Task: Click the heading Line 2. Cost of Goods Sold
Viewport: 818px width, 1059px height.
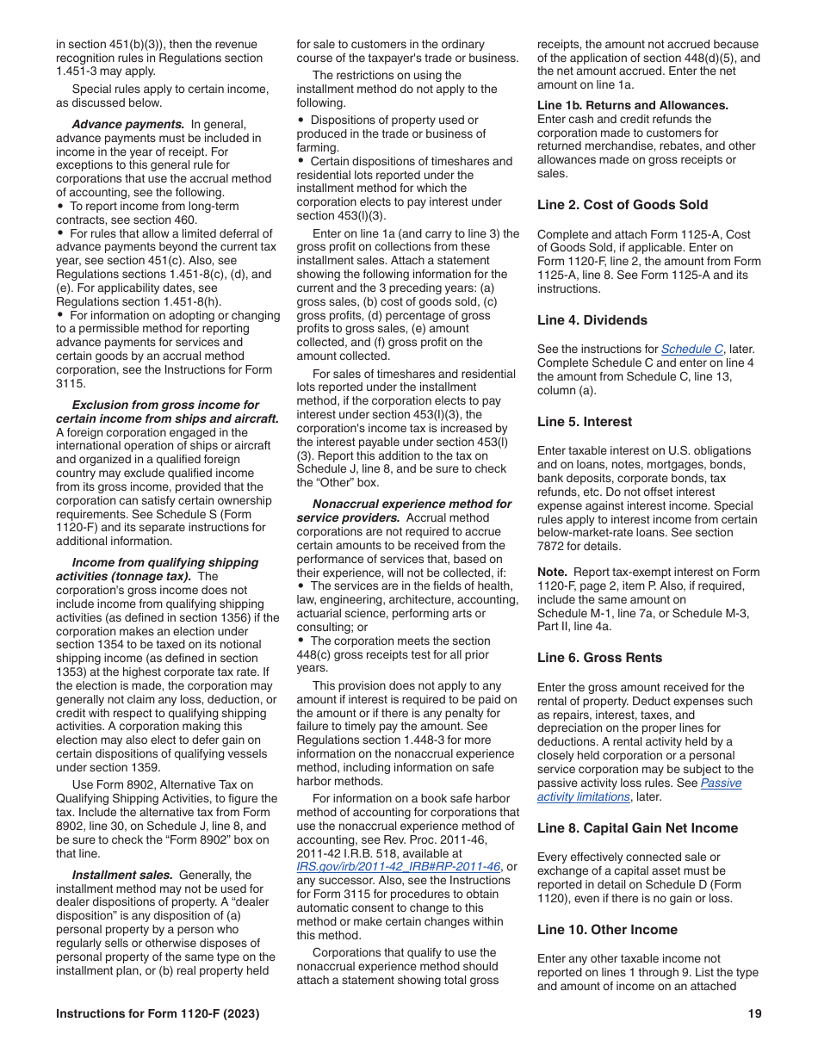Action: tap(622, 205)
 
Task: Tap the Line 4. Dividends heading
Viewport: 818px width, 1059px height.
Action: tap(592, 320)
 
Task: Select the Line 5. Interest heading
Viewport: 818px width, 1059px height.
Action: tap(584, 422)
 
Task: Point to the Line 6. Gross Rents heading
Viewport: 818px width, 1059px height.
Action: tap(599, 658)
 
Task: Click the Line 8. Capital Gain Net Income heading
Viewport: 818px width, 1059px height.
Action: tap(637, 828)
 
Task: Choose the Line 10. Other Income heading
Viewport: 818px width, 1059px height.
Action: tap(607, 930)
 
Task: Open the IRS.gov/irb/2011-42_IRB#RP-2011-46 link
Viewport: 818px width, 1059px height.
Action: tap(398, 867)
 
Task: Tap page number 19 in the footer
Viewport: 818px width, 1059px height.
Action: tap(754, 1014)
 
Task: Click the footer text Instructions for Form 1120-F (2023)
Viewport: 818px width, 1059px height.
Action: tap(158, 1014)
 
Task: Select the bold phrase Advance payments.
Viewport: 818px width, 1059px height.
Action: tap(127, 124)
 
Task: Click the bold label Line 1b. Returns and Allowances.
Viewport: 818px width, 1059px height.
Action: tap(632, 105)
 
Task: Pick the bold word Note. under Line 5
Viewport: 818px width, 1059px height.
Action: tap(552, 572)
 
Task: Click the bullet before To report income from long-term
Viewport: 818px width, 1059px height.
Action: tap(60, 207)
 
